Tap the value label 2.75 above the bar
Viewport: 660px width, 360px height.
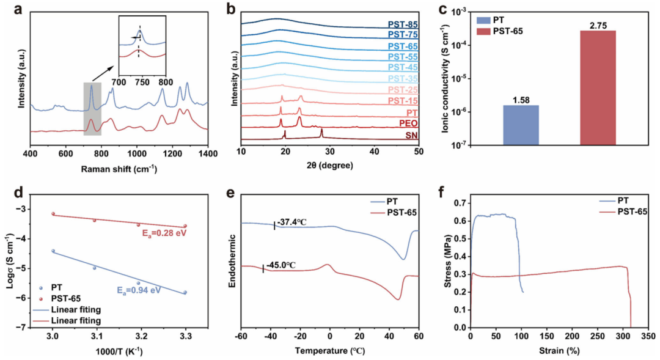tap(598, 25)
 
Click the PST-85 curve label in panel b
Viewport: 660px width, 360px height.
tap(403, 24)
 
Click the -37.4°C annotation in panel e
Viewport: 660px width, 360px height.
tap(291, 222)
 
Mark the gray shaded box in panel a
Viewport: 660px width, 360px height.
tap(92, 108)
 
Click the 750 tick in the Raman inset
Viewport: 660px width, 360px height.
tap(142, 81)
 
